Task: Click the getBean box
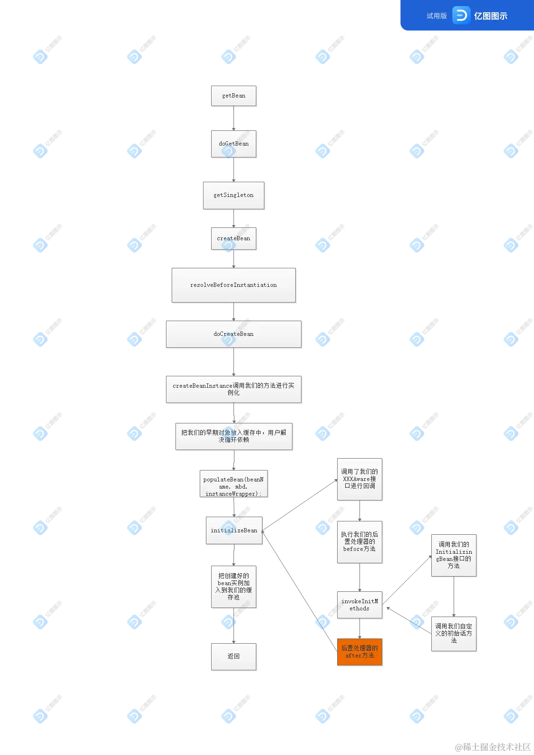(x=233, y=96)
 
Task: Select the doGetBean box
(x=233, y=144)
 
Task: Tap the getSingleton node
(x=233, y=195)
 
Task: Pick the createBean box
(x=233, y=238)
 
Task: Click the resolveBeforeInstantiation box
(x=233, y=285)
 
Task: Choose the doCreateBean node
(x=233, y=334)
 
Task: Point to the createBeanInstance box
(x=233, y=389)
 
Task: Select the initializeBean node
(x=234, y=529)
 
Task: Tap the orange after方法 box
(x=359, y=651)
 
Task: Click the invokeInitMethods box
(x=359, y=605)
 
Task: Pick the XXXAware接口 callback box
(x=359, y=479)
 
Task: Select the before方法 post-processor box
(x=359, y=541)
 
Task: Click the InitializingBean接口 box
(x=454, y=555)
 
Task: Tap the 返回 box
(x=233, y=657)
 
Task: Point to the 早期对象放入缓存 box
(x=233, y=436)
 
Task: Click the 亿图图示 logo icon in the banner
(x=460, y=16)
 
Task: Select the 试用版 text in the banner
(x=437, y=16)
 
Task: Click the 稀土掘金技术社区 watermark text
(x=492, y=745)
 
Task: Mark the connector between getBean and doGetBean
(x=234, y=118)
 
